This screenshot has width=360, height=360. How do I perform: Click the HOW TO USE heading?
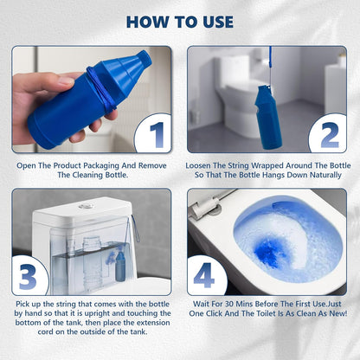click(180, 21)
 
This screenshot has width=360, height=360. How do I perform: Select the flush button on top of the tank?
click(84, 206)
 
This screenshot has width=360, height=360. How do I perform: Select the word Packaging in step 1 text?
click(125, 163)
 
